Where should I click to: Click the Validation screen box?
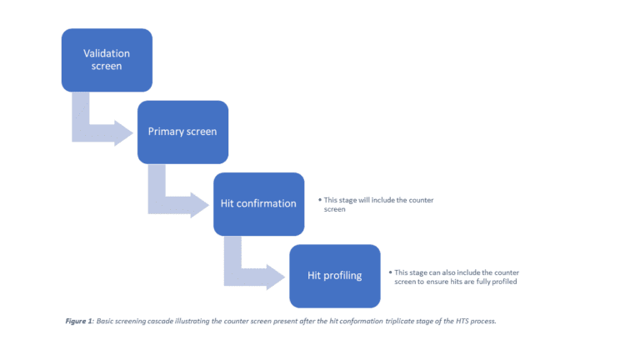(107, 60)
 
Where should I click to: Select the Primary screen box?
(182, 132)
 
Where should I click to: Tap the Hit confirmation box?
(258, 203)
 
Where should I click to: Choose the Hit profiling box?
(335, 276)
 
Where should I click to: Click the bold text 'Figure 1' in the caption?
(80, 321)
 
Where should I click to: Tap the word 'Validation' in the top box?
(107, 53)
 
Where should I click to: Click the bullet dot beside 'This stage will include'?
(319, 201)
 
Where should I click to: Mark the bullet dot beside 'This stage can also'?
(390, 272)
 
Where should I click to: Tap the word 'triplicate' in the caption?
(385, 321)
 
